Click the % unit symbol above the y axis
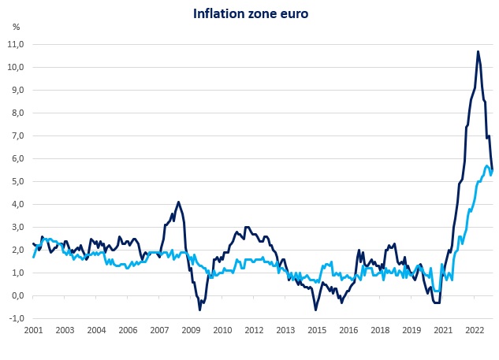click(16, 27)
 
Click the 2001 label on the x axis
click(32, 331)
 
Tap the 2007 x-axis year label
click(159, 331)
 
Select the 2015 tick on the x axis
click(317, 331)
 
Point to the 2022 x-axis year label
click(475, 331)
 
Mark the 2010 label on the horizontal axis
click(222, 331)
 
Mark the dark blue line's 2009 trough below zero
click(199, 310)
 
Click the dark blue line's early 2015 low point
click(315, 310)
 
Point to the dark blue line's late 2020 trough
click(437, 302)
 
